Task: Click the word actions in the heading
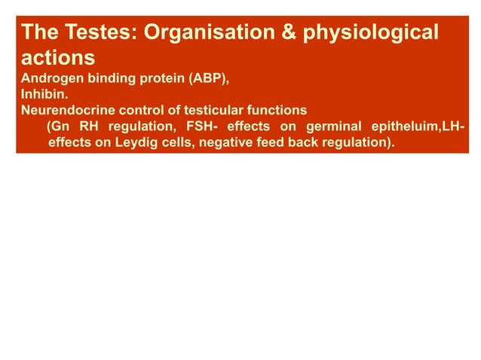point(58,57)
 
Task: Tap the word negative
point(219,140)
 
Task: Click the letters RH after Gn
point(87,125)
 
